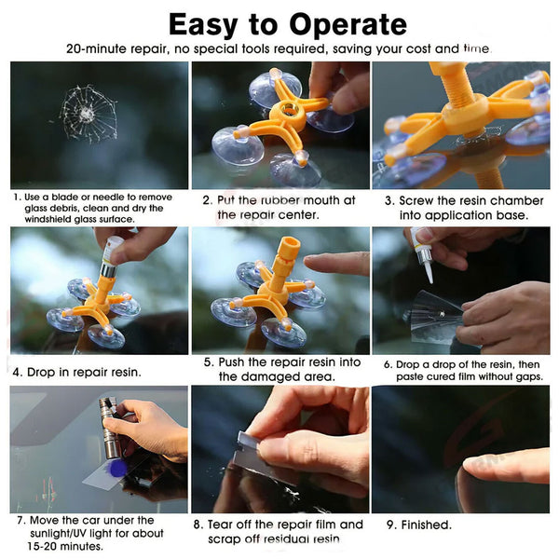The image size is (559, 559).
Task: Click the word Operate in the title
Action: tap(348, 26)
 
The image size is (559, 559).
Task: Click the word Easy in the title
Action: tap(203, 26)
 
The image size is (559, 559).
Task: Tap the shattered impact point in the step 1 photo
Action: tap(86, 114)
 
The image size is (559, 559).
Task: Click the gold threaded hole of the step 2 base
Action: tap(289, 108)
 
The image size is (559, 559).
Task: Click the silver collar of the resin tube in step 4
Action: tap(108, 269)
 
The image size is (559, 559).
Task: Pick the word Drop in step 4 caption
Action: tap(41, 372)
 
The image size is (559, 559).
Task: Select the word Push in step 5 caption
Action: tap(232, 362)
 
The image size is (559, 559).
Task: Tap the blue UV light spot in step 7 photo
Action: tap(117, 468)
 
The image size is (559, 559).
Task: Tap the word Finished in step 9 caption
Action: tap(427, 525)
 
